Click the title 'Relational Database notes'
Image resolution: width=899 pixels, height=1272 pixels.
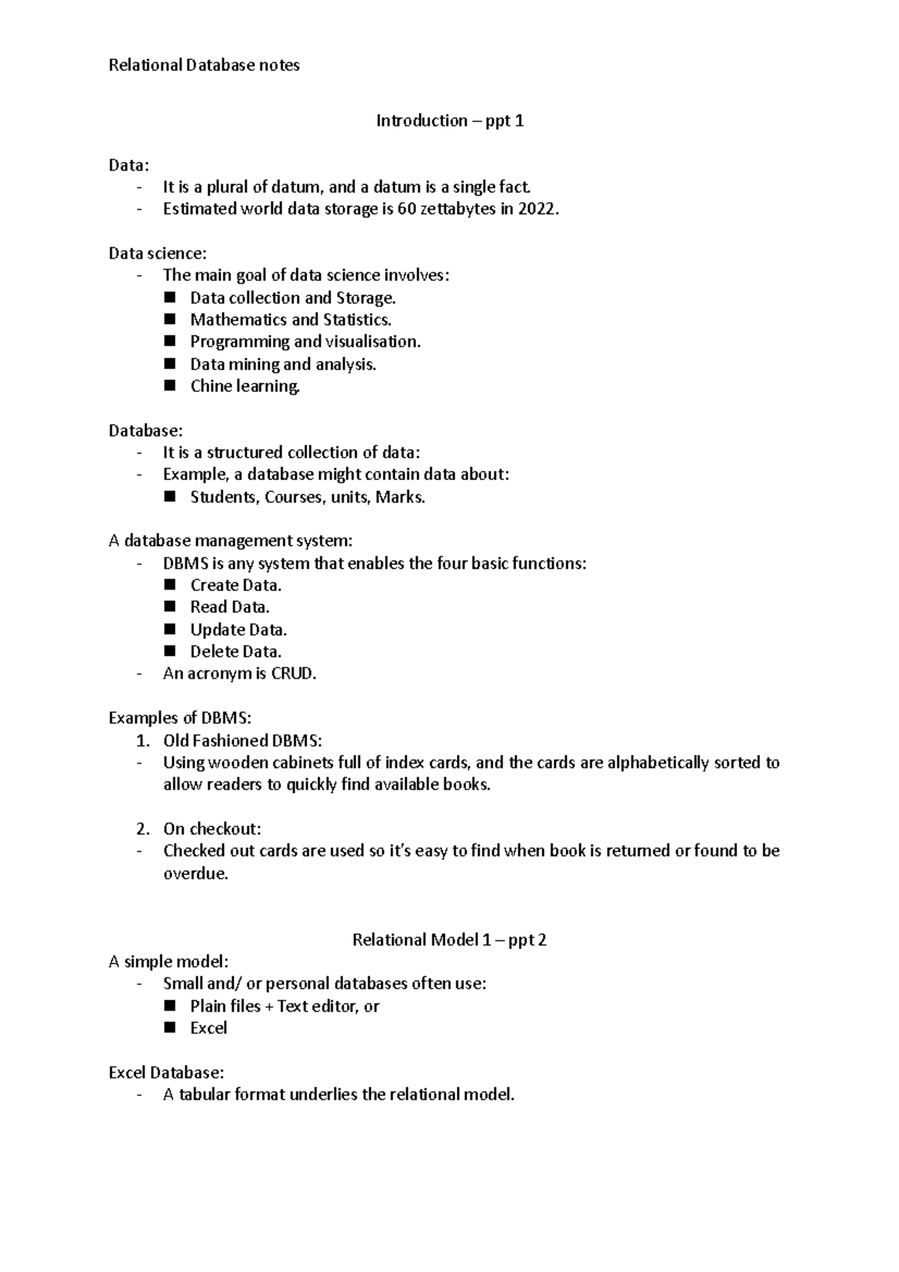[x=204, y=65]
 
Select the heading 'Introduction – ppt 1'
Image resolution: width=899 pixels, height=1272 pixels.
[x=449, y=121]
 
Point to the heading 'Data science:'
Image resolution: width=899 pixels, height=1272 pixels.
[x=157, y=253]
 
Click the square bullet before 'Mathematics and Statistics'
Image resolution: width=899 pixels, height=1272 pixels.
[x=170, y=319]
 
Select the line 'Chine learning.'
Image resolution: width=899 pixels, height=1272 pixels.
[x=244, y=387]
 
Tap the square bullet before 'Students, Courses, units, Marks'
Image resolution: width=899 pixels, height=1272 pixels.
[x=170, y=497]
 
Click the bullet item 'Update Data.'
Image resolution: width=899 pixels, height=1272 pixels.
[x=238, y=630]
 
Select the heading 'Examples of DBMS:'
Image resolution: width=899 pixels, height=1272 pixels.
[x=180, y=718]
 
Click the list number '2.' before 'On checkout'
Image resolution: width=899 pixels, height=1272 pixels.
[x=142, y=829]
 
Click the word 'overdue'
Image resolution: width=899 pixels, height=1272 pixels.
[x=194, y=873]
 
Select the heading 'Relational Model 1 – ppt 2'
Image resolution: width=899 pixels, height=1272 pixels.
[x=449, y=940]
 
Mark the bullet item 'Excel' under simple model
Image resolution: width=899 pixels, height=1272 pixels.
[x=208, y=1029]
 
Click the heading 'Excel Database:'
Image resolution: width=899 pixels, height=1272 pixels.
[x=166, y=1073]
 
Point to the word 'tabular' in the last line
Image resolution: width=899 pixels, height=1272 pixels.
[x=204, y=1094]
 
